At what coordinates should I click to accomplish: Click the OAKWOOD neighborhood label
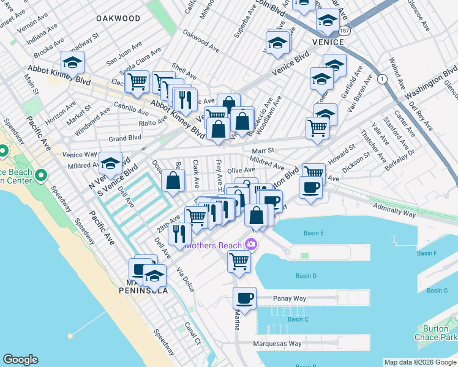pos(118,19)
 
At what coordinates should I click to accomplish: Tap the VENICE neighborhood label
pos(328,42)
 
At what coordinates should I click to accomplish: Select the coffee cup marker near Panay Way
pos(244,298)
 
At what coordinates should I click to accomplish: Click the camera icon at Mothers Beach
pos(250,245)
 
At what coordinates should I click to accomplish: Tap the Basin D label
pos(306,276)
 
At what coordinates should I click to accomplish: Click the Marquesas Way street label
pos(277,344)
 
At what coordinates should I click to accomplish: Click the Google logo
pos(20,360)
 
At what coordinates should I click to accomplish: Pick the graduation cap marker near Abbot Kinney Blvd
pos(72,63)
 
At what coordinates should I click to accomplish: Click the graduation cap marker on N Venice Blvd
pos(110,163)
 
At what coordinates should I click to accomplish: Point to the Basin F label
pos(427,253)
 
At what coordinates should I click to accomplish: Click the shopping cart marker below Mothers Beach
pos(238,261)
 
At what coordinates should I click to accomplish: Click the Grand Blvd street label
pos(125,138)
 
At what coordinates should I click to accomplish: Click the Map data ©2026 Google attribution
pos(420,361)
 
